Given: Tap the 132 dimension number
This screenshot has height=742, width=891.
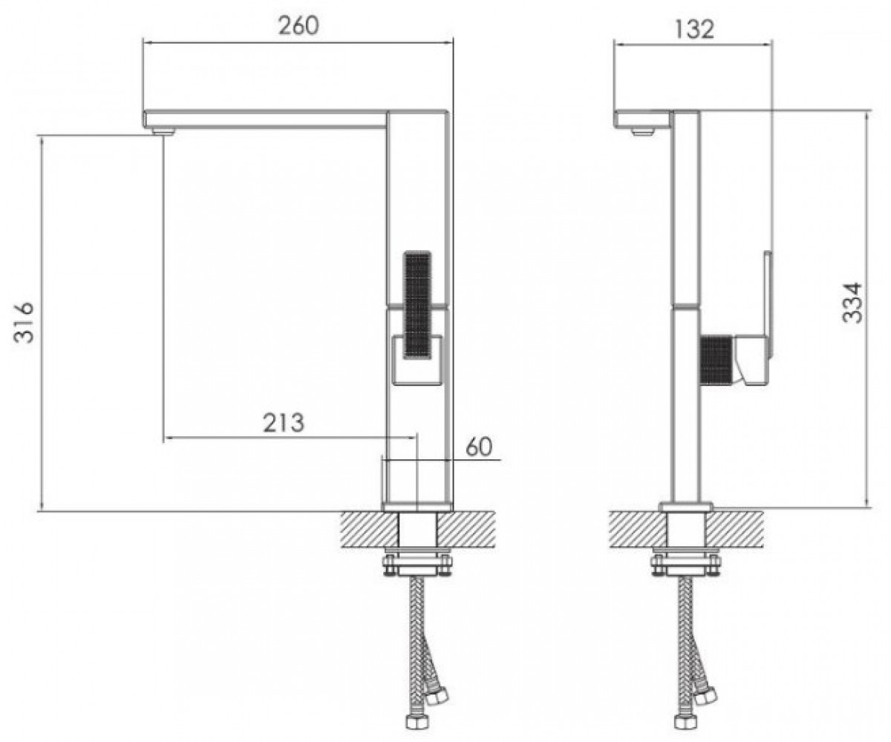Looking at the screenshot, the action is tap(694, 30).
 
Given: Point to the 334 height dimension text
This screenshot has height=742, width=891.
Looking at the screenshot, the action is tap(852, 303).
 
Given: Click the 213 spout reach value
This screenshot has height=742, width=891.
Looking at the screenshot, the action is tap(284, 423).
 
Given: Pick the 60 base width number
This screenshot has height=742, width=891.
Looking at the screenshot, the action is tap(479, 447).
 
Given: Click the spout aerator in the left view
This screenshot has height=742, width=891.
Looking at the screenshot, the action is tap(163, 130).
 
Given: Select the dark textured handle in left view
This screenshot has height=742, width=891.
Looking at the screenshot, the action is tap(417, 305).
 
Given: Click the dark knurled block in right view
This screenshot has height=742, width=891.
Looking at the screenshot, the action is tap(717, 361).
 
